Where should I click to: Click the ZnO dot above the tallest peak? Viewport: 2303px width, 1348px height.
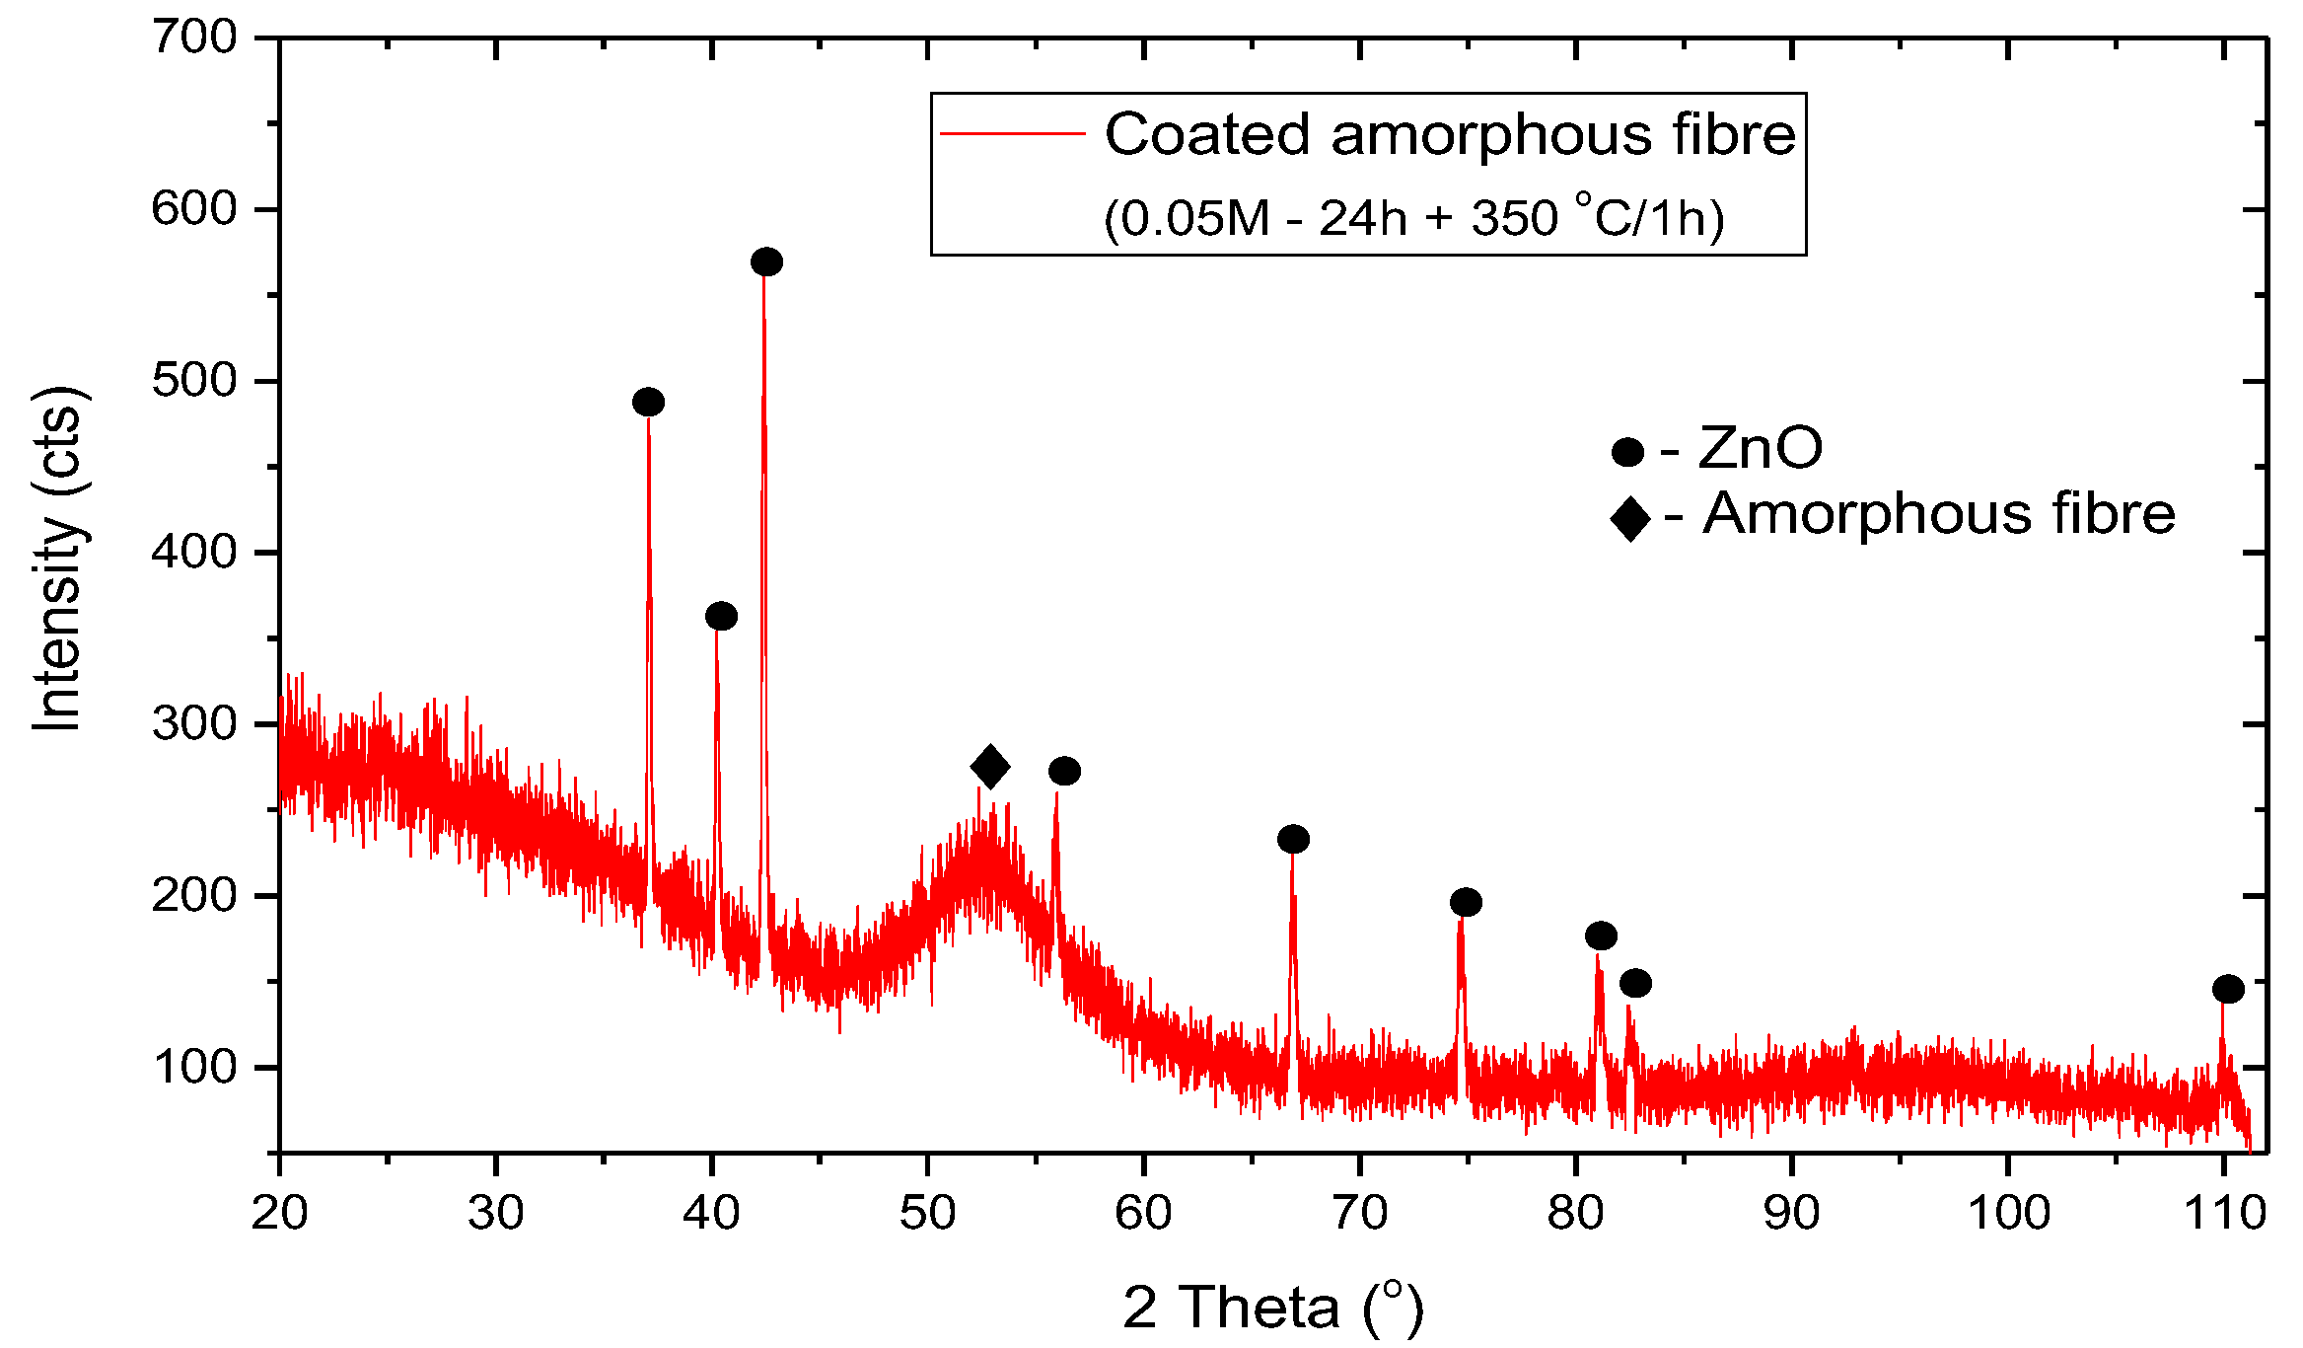[766, 262]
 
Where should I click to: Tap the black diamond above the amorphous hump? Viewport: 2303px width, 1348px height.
[990, 767]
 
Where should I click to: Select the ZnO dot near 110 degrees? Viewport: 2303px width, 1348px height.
[2228, 989]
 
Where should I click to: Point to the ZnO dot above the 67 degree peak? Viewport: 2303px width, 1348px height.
[1293, 840]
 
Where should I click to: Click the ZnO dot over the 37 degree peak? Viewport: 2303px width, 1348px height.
[648, 403]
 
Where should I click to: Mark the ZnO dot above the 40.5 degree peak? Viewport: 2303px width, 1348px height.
[721, 617]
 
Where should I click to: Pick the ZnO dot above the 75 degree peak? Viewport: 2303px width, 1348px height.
[1466, 902]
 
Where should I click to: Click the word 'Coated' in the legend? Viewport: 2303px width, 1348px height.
[1207, 134]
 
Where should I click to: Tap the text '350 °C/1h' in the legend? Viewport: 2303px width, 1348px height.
[1598, 218]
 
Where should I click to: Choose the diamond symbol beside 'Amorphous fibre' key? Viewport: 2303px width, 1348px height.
[1629, 518]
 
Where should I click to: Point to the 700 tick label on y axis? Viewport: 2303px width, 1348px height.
[194, 37]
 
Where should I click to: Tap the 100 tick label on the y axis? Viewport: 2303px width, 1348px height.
[194, 1068]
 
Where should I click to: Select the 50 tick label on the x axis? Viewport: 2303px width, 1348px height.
[927, 1213]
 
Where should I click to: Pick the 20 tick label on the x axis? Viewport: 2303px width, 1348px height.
[279, 1213]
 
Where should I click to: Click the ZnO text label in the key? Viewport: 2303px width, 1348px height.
[1761, 448]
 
